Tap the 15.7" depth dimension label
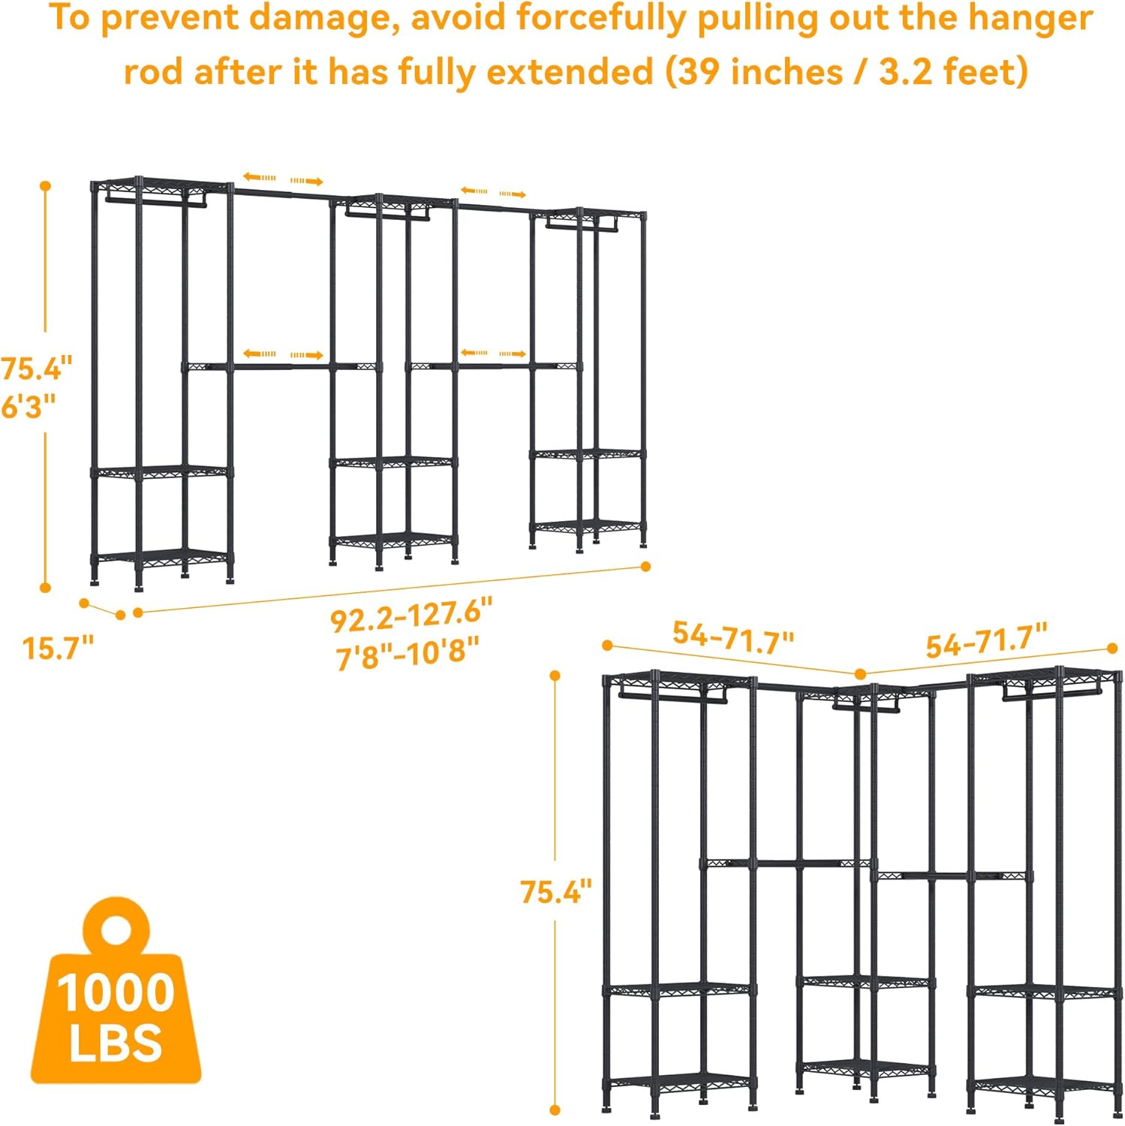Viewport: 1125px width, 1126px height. (58, 648)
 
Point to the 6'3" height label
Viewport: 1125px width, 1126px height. (29, 406)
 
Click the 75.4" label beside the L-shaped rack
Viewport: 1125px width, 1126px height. (555, 892)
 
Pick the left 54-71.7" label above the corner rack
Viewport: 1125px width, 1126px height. (732, 637)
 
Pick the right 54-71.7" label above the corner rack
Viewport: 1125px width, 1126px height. (986, 642)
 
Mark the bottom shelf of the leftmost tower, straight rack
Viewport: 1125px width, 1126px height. (162, 558)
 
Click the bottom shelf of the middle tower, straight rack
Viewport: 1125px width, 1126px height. (393, 540)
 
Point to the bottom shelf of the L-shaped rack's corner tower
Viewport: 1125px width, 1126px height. (865, 1067)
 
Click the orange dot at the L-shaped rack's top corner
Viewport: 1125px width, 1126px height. (861, 674)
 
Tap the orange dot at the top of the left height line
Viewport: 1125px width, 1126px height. (46, 185)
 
